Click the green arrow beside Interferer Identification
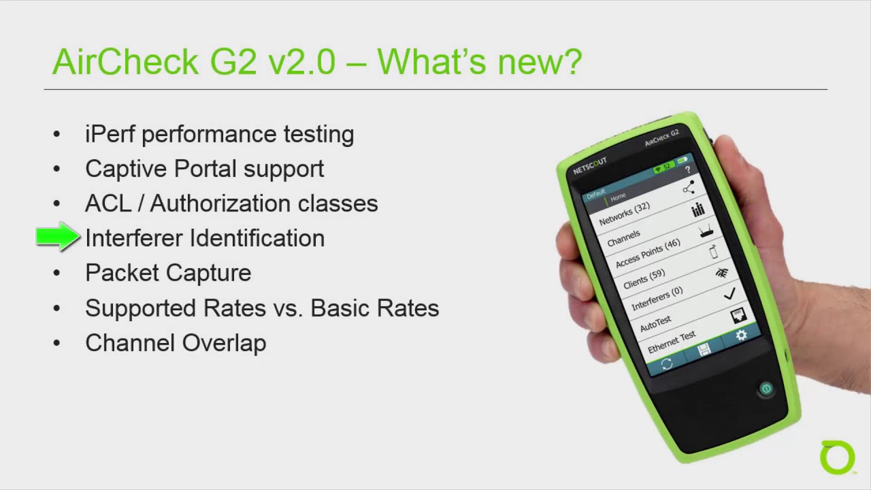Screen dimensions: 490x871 58,237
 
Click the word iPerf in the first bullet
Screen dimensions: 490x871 110,134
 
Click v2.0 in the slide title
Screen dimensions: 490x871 301,62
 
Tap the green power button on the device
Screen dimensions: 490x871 766,389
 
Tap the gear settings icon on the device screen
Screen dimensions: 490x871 741,336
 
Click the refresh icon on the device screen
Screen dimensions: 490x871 667,364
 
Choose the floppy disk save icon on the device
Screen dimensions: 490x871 704,350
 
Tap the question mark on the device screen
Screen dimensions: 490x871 687,169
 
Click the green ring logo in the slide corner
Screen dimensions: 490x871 837,457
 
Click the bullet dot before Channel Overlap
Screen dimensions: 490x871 56,343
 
